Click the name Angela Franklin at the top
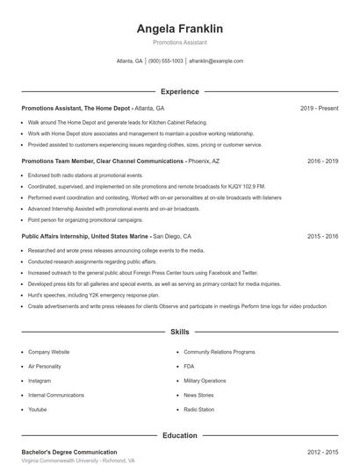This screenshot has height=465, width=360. tap(180, 29)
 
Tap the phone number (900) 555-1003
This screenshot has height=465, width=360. tap(166, 61)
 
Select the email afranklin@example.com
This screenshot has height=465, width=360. tap(217, 61)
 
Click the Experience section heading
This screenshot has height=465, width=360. tap(180, 91)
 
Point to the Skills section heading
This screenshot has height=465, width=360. tap(180, 333)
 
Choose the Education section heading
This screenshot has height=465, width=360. tap(180, 435)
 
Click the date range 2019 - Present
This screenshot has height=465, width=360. tap(319, 108)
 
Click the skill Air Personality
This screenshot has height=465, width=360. tap(45, 366)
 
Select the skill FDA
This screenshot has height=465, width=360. tap(189, 366)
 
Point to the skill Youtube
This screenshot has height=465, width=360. tap(38, 410)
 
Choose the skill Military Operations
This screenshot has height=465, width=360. tap(205, 381)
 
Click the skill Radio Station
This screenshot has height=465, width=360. tap(198, 410)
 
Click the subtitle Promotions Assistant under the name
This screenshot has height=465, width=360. tap(180, 42)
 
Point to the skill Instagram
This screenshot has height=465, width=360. tap(40, 381)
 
